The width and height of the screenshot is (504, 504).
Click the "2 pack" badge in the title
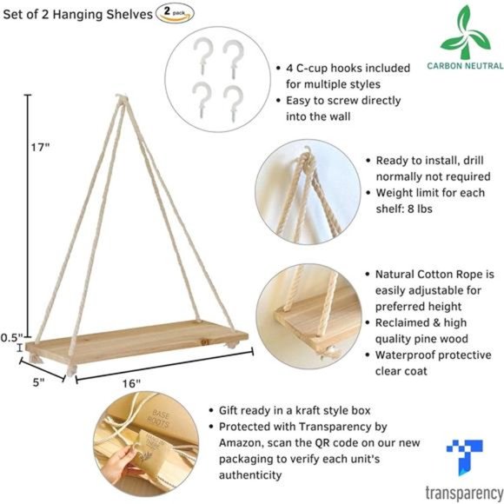pyautogui.click(x=174, y=12)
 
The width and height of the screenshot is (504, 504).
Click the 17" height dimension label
pyautogui.click(x=39, y=147)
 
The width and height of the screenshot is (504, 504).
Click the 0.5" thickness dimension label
pyautogui.click(x=12, y=337)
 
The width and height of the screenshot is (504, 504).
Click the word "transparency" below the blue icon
pyautogui.click(x=462, y=493)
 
